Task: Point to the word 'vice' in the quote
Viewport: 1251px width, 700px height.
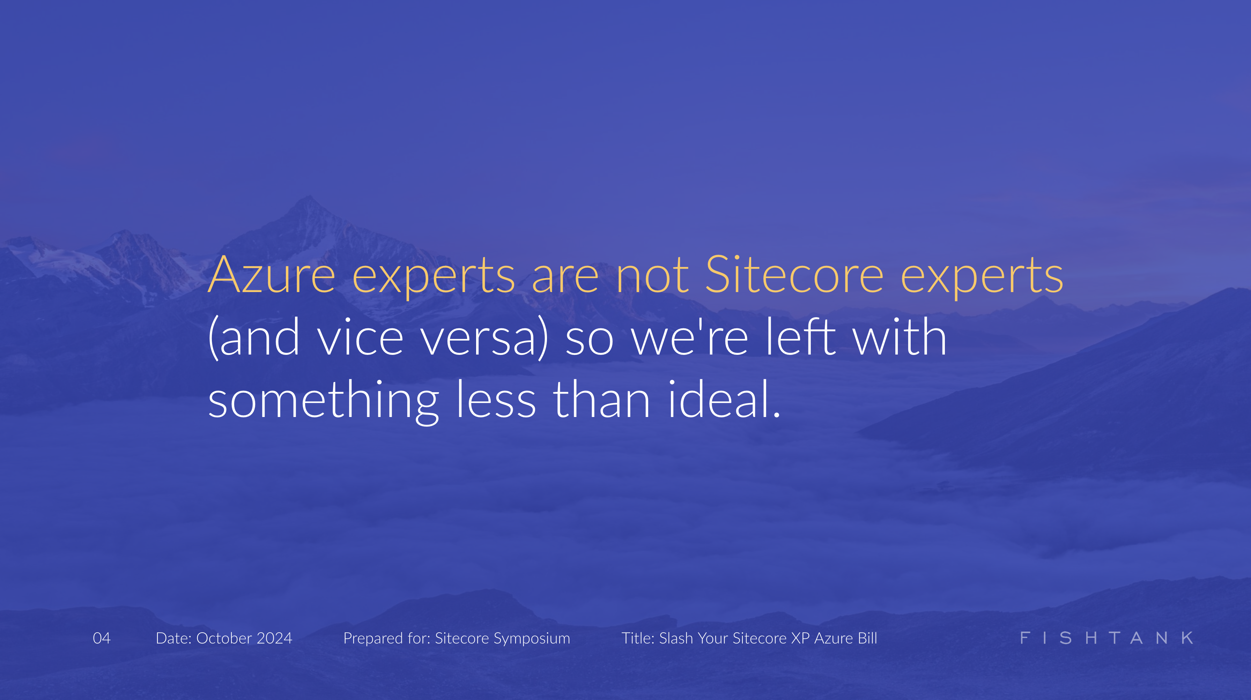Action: (x=360, y=338)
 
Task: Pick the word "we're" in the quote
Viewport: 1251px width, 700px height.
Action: (x=690, y=338)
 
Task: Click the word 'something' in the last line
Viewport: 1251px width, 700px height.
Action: (x=324, y=401)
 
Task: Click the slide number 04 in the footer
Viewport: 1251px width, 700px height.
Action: (x=102, y=638)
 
